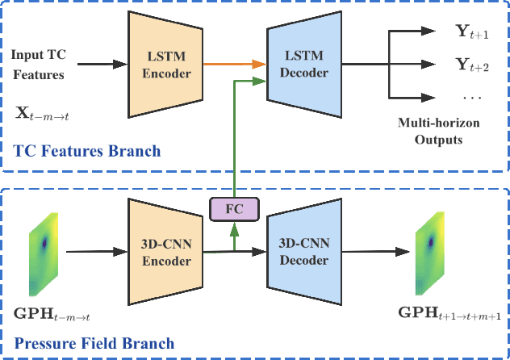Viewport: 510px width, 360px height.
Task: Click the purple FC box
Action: tap(234, 209)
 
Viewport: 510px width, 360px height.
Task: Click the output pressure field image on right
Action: tap(429, 250)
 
